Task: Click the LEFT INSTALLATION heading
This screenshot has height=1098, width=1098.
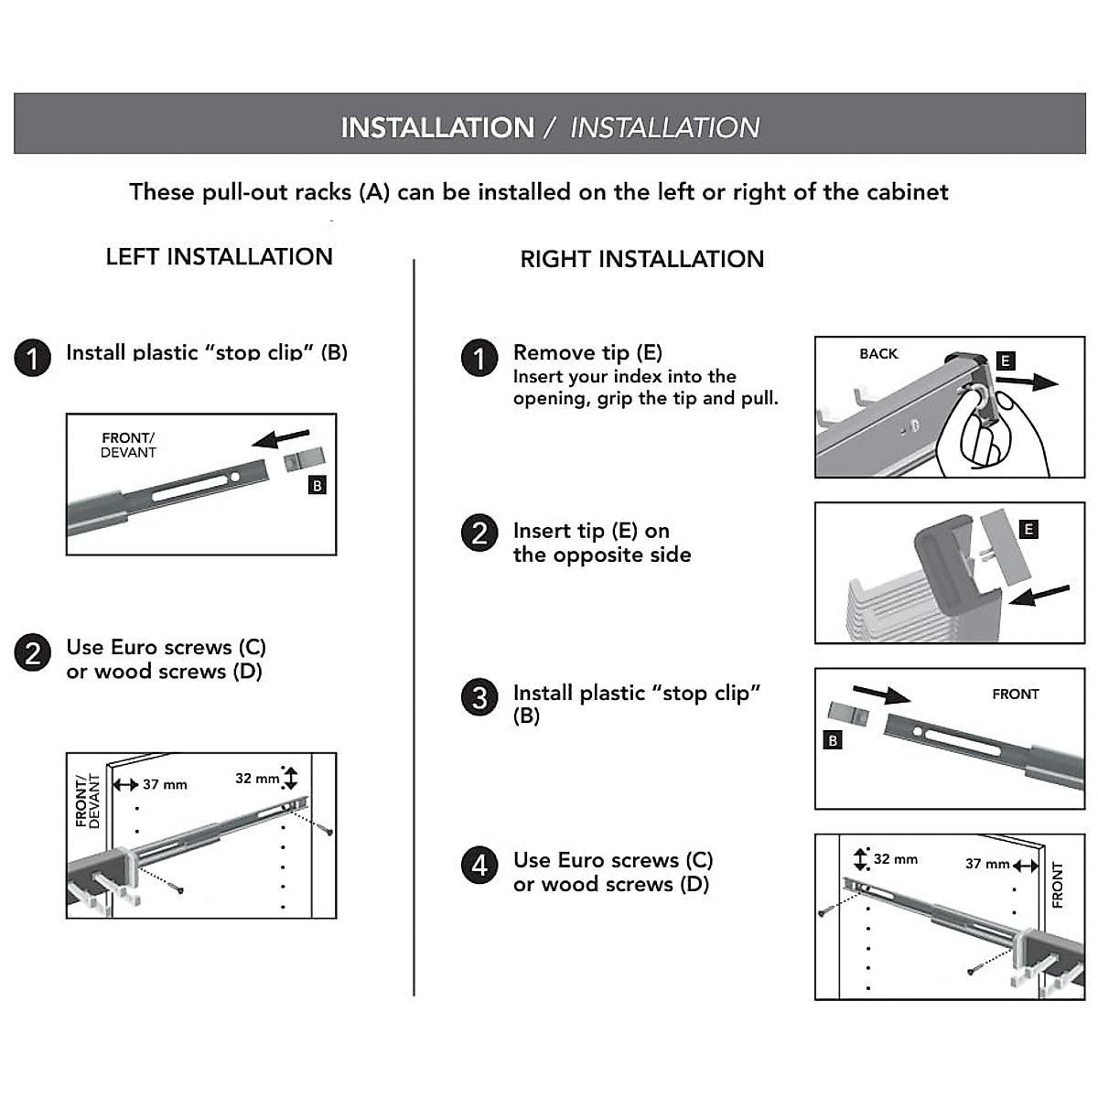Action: pyautogui.click(x=219, y=257)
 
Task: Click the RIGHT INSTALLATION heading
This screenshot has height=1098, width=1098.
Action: pyautogui.click(x=641, y=260)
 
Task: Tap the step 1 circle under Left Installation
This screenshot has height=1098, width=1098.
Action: pyautogui.click(x=32, y=358)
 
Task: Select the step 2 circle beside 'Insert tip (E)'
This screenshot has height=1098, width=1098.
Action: pyautogui.click(x=479, y=533)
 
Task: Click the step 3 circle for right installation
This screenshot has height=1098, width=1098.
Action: pyautogui.click(x=479, y=698)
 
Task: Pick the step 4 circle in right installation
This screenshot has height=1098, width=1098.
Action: pyautogui.click(x=479, y=865)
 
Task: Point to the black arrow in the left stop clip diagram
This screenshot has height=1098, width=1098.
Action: pyautogui.click(x=281, y=439)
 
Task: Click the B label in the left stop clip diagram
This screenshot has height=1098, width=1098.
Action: pyautogui.click(x=318, y=486)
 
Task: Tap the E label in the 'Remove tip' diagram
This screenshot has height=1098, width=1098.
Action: pyautogui.click(x=1005, y=361)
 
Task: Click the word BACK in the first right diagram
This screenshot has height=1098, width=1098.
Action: pyautogui.click(x=878, y=354)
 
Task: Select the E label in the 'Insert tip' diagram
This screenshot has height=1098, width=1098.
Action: pyautogui.click(x=1028, y=529)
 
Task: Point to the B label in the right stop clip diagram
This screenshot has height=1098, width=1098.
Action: pyautogui.click(x=833, y=740)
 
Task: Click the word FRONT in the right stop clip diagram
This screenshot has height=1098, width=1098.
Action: pyautogui.click(x=1016, y=694)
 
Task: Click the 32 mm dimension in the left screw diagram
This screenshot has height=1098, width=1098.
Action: pyautogui.click(x=257, y=779)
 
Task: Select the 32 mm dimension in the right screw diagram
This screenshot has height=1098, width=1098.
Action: pyautogui.click(x=895, y=859)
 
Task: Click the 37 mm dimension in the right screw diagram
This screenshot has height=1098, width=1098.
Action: pyautogui.click(x=987, y=864)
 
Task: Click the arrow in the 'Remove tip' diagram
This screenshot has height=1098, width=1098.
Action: pyautogui.click(x=1027, y=382)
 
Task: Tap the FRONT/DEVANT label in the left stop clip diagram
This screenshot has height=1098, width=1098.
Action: pyautogui.click(x=128, y=446)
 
